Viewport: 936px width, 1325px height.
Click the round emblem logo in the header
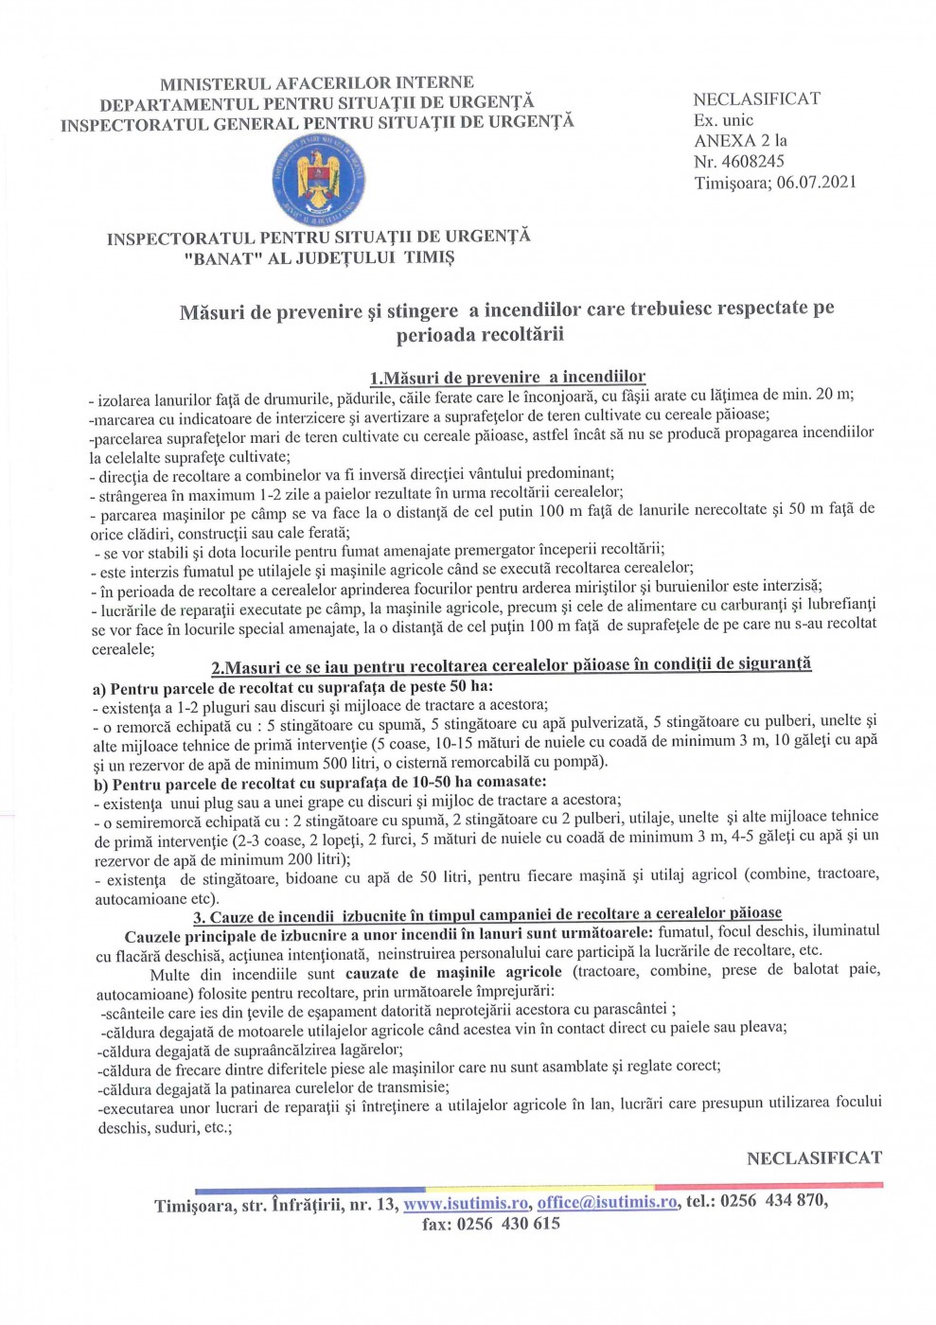click(319, 178)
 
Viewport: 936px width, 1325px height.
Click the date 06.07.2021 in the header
click(816, 183)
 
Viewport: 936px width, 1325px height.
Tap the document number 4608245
click(752, 162)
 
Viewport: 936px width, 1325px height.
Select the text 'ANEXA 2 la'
click(740, 140)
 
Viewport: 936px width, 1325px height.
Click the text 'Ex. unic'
click(723, 119)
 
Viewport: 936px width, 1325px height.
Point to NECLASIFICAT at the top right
click(756, 98)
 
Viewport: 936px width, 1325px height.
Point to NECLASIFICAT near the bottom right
click(814, 1157)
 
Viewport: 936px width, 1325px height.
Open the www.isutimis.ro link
click(466, 1203)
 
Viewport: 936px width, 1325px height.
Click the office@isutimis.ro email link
click(608, 1202)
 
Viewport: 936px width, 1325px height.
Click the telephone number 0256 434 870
click(772, 1201)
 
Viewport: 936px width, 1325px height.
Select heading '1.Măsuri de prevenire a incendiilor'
click(507, 377)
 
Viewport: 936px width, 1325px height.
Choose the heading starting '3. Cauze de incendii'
click(487, 914)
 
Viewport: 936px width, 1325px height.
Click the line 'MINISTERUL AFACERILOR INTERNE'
click(316, 83)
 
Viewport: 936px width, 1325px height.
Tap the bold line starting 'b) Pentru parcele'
click(320, 783)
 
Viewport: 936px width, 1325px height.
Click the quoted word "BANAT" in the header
click(223, 258)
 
